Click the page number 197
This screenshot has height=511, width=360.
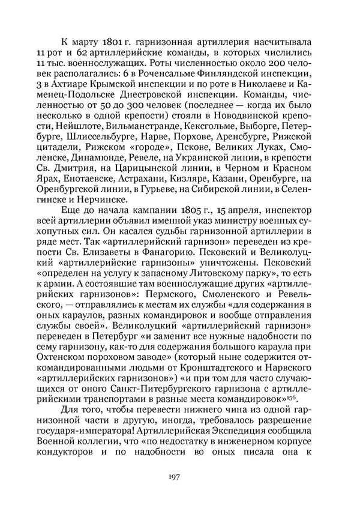pos(175,477)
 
